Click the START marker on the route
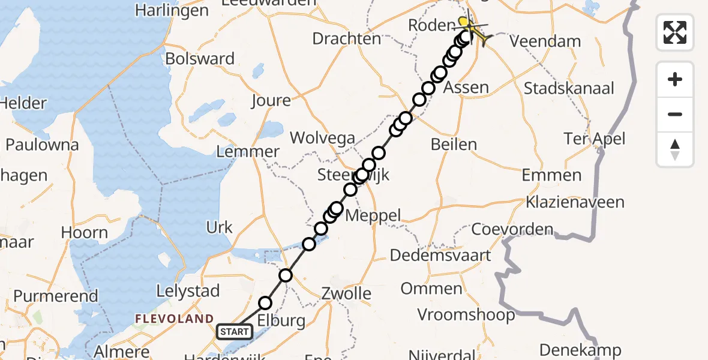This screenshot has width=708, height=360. (234, 331)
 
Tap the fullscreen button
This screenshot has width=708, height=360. (675, 32)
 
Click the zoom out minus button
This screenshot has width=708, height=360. (675, 115)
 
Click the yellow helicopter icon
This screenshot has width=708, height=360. (472, 28)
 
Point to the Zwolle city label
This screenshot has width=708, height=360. (345, 294)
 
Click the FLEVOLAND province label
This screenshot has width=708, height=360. (174, 319)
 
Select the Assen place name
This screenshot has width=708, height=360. (465, 88)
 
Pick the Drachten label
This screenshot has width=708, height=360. (347, 39)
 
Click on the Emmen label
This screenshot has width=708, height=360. (551, 175)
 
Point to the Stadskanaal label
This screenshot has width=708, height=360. (569, 89)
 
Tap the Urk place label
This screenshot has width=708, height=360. (219, 227)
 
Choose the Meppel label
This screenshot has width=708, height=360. (374, 215)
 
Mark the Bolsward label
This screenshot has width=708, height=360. (200, 59)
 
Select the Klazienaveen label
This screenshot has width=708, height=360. (574, 202)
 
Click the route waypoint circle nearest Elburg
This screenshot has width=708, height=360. (265, 303)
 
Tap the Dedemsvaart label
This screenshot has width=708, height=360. (440, 255)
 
